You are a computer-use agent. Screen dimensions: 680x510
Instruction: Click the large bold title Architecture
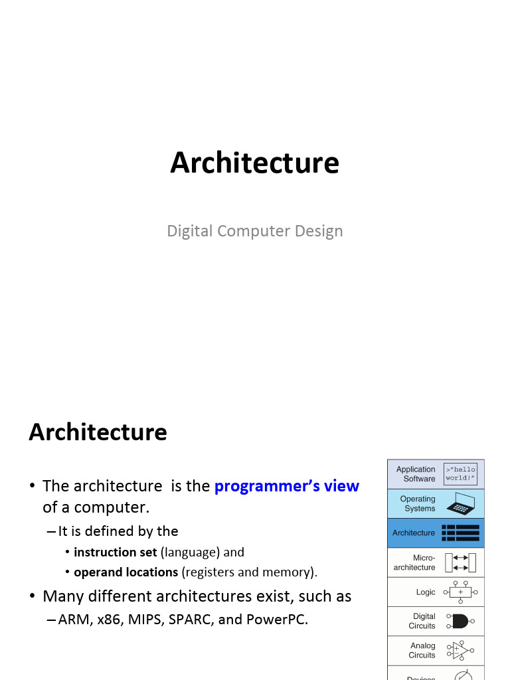point(254,163)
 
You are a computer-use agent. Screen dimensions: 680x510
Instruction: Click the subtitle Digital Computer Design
point(254,231)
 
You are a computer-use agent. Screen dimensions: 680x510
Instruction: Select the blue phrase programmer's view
point(286,486)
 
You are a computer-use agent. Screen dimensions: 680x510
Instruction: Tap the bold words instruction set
point(116,552)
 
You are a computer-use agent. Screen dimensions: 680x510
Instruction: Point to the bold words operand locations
point(126,572)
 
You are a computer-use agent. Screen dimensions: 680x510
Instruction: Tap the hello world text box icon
point(461,473)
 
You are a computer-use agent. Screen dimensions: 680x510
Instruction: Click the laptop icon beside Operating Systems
point(461,503)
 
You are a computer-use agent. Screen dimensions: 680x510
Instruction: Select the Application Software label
point(416,473)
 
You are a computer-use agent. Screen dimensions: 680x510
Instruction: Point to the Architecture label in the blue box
point(414,533)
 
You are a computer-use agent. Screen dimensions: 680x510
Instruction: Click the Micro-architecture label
point(415,562)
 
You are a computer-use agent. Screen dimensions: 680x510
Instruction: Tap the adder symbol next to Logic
point(460,592)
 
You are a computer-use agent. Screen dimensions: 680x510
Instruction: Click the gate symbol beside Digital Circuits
point(460,621)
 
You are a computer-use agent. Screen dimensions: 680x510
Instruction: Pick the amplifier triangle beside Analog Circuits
point(460,650)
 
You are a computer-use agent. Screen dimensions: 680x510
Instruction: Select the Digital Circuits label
point(422,621)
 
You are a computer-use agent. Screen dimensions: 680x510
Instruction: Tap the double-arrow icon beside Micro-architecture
point(461,562)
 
